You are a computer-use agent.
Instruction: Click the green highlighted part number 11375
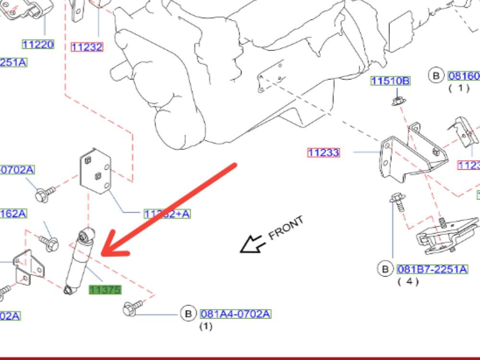click(x=105, y=290)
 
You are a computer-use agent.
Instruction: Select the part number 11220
click(x=38, y=45)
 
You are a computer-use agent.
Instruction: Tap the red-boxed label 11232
click(x=87, y=47)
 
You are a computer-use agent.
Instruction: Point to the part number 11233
click(x=324, y=153)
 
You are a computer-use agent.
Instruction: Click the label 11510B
click(x=390, y=81)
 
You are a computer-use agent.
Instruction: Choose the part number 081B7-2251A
click(x=432, y=269)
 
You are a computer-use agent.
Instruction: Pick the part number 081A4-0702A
click(x=235, y=314)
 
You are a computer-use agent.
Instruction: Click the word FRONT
click(x=286, y=228)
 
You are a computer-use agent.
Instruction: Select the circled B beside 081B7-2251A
click(x=385, y=269)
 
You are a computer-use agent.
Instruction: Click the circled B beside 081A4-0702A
click(x=188, y=314)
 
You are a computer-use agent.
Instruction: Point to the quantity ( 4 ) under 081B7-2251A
click(x=408, y=281)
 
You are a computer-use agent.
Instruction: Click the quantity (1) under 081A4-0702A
click(x=205, y=326)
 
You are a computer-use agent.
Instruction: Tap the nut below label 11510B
click(x=397, y=101)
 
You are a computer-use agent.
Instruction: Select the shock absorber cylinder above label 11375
click(x=79, y=262)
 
